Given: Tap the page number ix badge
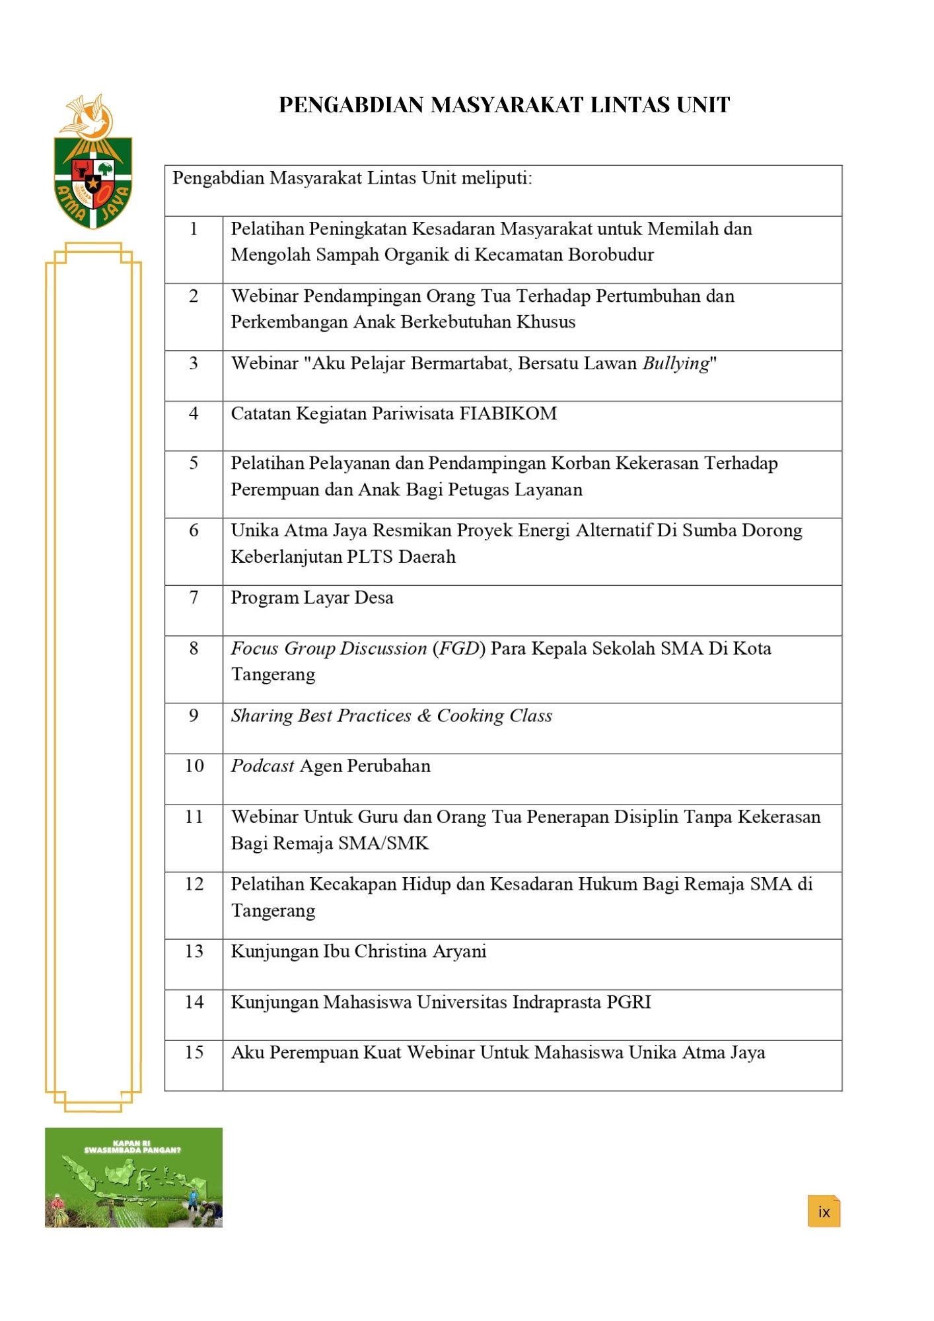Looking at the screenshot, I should tap(824, 1211).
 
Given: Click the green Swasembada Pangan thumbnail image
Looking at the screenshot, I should tap(133, 1177).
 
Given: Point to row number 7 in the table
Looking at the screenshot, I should tap(194, 598).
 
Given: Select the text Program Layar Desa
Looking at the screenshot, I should tap(312, 598).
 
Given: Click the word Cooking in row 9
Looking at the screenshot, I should tap(470, 716).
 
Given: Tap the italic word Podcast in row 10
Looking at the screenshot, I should tap(262, 766).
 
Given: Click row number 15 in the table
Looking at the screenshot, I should tap(194, 1053).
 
